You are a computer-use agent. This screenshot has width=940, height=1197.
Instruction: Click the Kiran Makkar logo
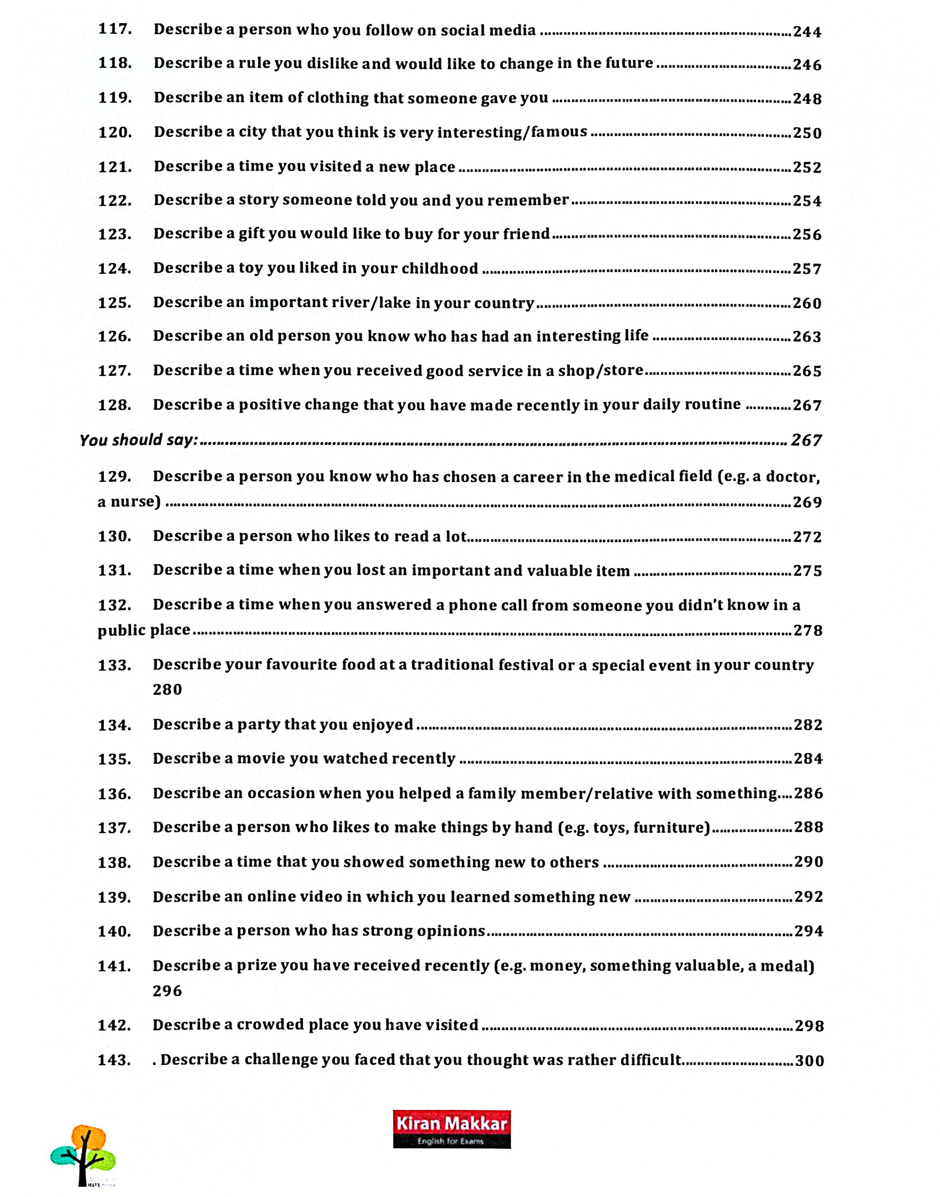point(451,1128)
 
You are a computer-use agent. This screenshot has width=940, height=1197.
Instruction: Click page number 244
point(807,32)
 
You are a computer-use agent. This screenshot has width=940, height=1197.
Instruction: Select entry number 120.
point(115,132)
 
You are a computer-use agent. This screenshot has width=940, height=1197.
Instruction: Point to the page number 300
point(809,1061)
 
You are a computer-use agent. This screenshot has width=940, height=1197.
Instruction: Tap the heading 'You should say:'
point(139,440)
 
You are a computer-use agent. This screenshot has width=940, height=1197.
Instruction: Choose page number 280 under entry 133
point(167,689)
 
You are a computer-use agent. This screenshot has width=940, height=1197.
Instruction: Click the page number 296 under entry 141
point(167,991)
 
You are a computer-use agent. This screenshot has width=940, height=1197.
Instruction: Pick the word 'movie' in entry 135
point(261,758)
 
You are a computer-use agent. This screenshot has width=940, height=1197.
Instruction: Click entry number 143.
point(115,1060)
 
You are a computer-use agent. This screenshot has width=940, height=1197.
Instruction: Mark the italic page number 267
point(806,440)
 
